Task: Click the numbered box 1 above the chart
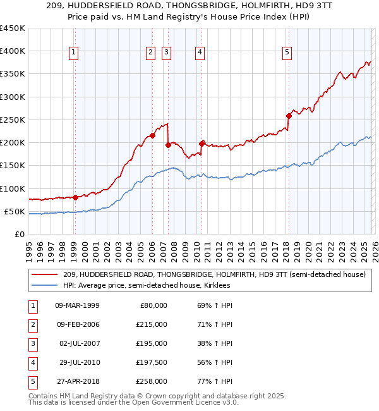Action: coord(75,52)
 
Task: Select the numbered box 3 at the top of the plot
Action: coord(167,52)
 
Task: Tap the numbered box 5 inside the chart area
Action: coord(287,52)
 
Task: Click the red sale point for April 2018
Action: coord(289,116)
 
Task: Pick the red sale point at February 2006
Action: coord(153,135)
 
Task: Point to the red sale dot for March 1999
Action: coord(75,197)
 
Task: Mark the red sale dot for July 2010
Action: coord(202,144)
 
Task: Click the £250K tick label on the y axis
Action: coord(13,120)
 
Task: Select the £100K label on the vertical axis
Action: coord(13,188)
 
